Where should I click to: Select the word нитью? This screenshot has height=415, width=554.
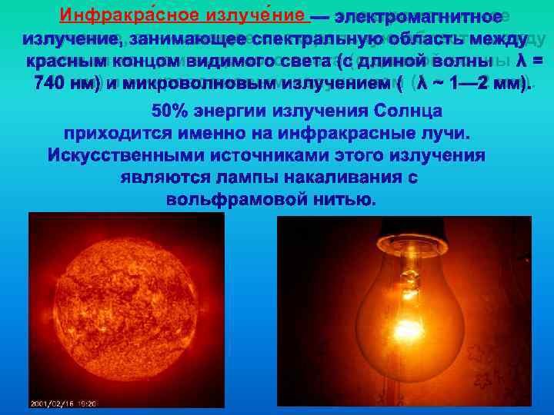pyautogui.click(x=347, y=200)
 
